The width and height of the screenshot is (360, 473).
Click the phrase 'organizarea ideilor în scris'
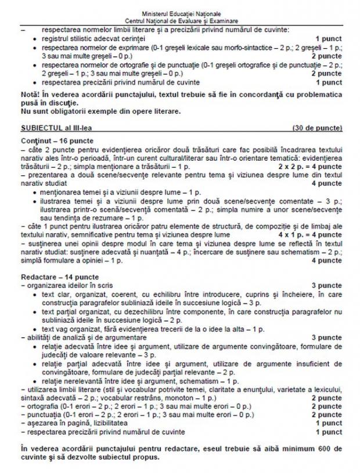pyautogui.click(x=67, y=286)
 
